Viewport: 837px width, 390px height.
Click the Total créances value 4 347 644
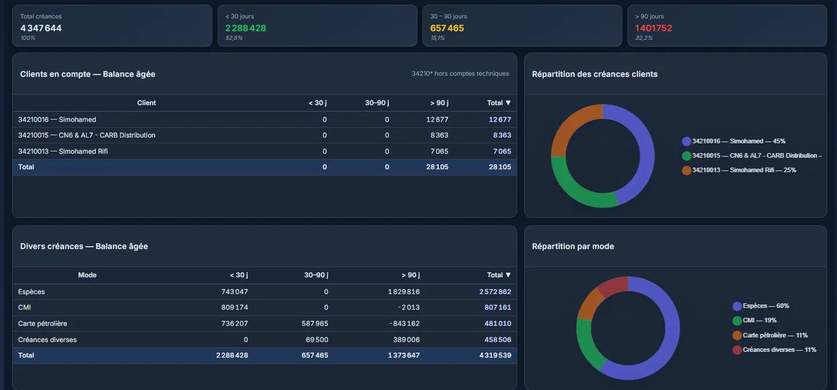[x=41, y=28]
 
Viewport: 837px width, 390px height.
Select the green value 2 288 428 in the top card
[x=245, y=28]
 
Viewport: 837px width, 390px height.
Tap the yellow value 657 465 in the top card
[x=447, y=28]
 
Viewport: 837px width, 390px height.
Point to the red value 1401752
[x=653, y=28]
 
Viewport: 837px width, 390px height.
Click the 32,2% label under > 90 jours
[x=644, y=38]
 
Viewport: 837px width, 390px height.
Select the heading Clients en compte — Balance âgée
[x=88, y=74]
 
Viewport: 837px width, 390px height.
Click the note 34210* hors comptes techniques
[x=460, y=73]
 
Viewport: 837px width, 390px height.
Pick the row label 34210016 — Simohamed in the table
[x=57, y=120]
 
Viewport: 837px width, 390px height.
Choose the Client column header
[x=147, y=103]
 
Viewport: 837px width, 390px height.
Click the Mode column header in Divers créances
[x=87, y=275]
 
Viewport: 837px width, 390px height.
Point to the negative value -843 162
[x=404, y=324]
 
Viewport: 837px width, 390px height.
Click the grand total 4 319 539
[x=495, y=355]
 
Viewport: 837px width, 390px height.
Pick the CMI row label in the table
[x=24, y=307]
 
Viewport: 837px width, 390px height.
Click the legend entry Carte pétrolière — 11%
[x=770, y=335]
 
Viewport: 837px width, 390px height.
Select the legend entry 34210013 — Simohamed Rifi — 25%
[x=739, y=170]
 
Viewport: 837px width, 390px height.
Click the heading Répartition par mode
[x=573, y=246]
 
